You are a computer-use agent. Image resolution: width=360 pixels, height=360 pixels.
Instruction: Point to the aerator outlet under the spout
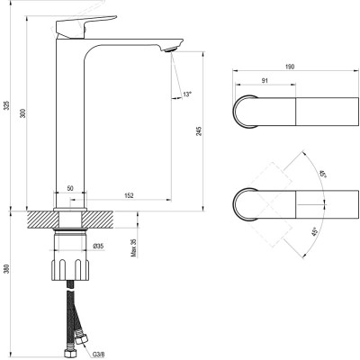click(x=167, y=48)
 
